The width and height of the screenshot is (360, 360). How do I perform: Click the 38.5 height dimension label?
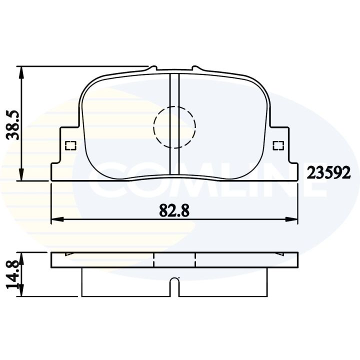[12, 124]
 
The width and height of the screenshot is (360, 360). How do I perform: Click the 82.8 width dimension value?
[174, 211]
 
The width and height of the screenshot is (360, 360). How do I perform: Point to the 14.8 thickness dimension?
[12, 274]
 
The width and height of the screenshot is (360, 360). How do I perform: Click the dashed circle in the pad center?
[174, 127]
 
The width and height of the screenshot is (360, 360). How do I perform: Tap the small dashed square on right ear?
[277, 145]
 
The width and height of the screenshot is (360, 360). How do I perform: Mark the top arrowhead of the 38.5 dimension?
[21, 71]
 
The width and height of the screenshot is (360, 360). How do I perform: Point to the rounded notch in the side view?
[174, 285]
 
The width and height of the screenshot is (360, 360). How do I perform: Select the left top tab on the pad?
[153, 68]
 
